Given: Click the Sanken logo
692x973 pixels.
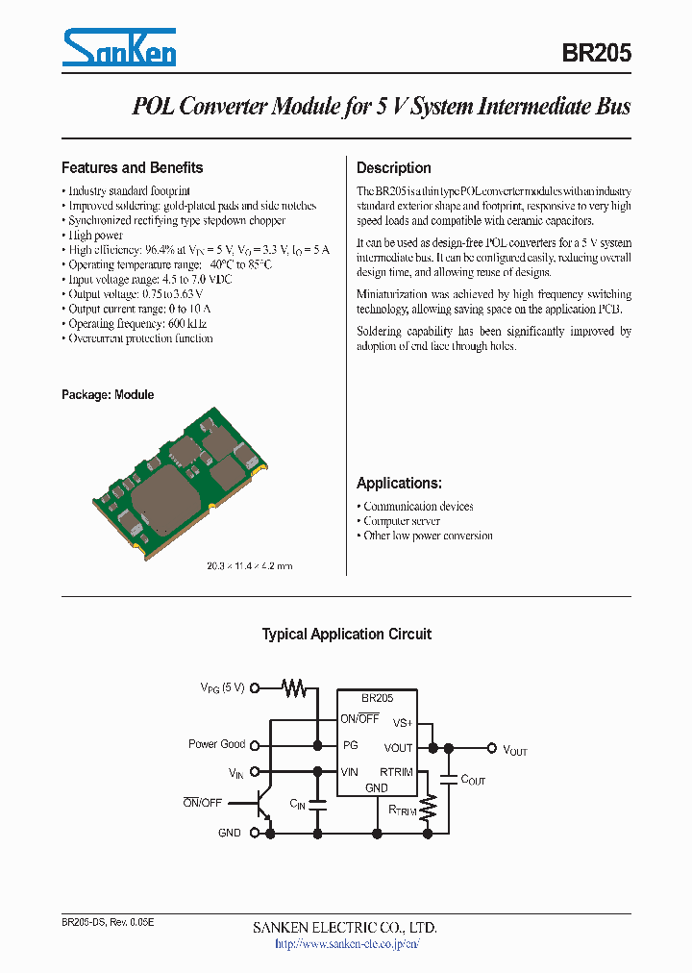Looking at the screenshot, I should click(119, 48).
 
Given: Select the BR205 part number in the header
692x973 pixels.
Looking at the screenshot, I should click(596, 55).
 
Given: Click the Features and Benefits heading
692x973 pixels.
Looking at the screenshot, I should click(132, 167).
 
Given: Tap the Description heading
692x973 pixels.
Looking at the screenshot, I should click(393, 167).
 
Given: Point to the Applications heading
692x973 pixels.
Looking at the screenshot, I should click(399, 483).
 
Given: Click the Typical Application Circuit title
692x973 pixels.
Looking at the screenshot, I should click(346, 635).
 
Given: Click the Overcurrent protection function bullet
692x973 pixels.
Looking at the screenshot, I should click(139, 338).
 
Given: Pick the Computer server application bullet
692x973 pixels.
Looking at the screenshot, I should click(401, 521).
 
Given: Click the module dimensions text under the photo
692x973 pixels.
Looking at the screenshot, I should click(249, 565).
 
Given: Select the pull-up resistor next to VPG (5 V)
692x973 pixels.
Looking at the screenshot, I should click(293, 687).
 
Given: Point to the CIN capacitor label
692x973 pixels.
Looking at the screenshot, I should click(297, 804).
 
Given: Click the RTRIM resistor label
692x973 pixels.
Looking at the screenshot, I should click(402, 811).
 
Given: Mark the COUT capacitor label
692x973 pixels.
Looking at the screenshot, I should click(473, 780).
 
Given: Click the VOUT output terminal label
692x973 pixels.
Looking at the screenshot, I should click(515, 750).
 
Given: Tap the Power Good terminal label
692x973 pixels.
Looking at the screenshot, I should click(216, 744).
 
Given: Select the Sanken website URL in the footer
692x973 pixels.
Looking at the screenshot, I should click(346, 944).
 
